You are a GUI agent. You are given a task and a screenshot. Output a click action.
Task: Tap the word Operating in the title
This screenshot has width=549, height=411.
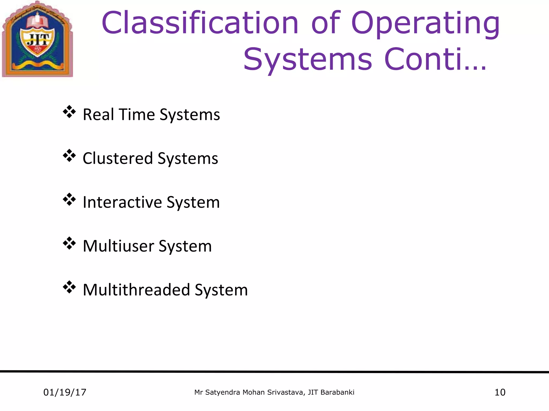point(425,24)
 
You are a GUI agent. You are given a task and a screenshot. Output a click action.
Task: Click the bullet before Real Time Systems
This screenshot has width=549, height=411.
point(69,112)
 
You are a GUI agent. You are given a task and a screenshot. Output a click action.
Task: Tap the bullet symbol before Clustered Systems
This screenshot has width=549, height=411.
point(69,156)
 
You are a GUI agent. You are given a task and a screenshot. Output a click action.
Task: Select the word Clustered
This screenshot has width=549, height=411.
point(118,158)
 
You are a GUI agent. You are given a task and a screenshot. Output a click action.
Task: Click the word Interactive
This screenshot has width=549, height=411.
point(122,202)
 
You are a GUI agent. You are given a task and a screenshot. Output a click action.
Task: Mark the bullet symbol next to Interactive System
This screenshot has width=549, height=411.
point(69,200)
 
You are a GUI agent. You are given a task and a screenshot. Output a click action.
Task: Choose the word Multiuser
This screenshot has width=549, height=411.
point(118,246)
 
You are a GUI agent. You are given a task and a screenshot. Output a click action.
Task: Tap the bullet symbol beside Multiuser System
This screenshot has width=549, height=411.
point(69,243)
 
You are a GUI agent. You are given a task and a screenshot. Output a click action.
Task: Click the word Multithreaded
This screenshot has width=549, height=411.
point(136,290)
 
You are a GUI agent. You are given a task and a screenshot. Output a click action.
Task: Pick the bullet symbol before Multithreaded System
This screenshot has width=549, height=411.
point(69,287)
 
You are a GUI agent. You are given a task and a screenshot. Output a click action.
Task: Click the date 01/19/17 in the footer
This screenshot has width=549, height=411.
point(65,392)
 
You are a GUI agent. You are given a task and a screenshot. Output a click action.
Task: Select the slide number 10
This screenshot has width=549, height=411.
point(500,392)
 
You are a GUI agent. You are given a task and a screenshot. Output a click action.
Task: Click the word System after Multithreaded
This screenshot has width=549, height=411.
point(221,290)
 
